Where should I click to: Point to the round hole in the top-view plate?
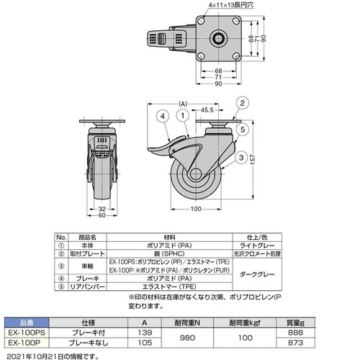coord(217,37)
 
